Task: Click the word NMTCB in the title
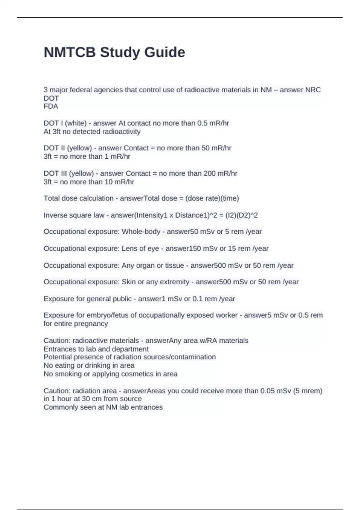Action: tap(70, 52)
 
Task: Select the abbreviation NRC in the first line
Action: tap(313, 90)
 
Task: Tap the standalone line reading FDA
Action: tap(51, 106)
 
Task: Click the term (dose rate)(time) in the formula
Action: tap(212, 198)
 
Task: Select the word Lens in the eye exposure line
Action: tap(128, 248)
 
